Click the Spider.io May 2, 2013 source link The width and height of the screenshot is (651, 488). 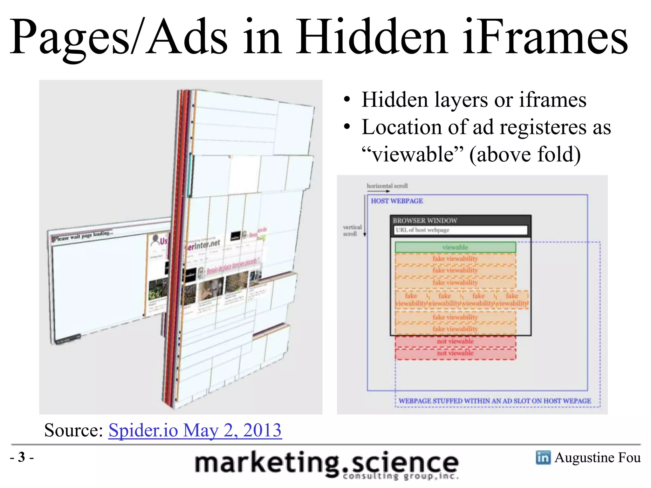(x=195, y=430)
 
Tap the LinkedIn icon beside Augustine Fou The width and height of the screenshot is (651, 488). (x=543, y=457)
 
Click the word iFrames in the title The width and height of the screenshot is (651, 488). (x=545, y=37)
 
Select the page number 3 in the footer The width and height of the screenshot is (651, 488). (x=22, y=457)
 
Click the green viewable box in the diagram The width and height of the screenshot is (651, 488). (x=455, y=247)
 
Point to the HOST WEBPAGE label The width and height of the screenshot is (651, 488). (x=397, y=201)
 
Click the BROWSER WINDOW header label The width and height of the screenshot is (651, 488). (x=425, y=220)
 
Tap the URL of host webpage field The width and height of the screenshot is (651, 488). (x=460, y=230)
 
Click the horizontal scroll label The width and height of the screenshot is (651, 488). (x=387, y=186)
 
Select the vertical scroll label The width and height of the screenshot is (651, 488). (x=352, y=230)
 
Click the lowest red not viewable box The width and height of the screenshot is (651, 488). (x=455, y=353)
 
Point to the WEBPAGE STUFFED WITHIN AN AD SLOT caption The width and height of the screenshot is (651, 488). (x=495, y=401)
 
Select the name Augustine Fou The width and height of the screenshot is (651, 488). (x=597, y=457)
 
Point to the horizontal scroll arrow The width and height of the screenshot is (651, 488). (x=378, y=191)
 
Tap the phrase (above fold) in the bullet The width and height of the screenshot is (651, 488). (x=525, y=154)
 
